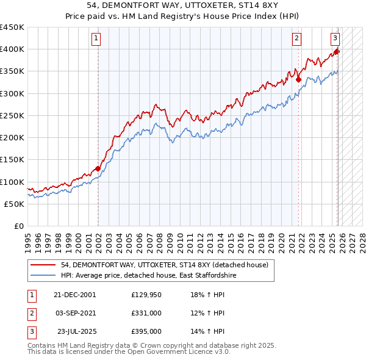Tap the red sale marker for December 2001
point(98,168)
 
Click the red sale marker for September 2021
point(298,79)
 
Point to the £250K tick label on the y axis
point(13,115)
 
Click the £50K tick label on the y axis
point(15,204)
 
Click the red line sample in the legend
point(43,265)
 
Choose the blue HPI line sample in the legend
point(43,276)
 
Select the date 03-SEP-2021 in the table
point(75,314)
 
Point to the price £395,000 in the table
point(146,331)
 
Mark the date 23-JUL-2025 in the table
point(75,331)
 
